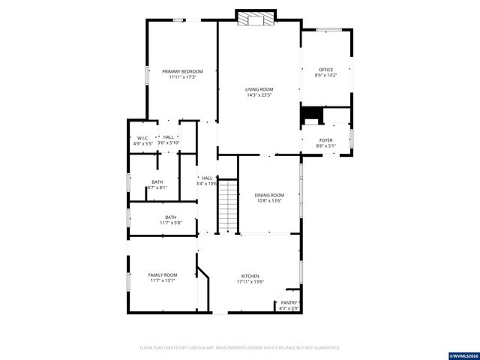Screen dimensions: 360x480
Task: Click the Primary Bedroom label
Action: pyautogui.click(x=182, y=71)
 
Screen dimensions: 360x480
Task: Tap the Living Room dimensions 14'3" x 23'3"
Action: pyautogui.click(x=259, y=95)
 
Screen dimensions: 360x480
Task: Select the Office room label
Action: pyautogui.click(x=325, y=70)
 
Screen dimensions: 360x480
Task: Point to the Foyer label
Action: pyautogui.click(x=325, y=140)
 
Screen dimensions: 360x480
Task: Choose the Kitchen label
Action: pyautogui.click(x=250, y=276)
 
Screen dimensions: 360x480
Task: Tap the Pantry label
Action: pyautogui.click(x=289, y=303)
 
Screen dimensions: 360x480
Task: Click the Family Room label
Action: pyautogui.click(x=162, y=275)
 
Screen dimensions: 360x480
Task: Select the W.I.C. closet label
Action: pyautogui.click(x=141, y=137)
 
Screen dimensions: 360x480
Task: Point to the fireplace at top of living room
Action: pyautogui.click(x=255, y=19)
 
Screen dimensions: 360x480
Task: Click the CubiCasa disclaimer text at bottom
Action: pyautogui.click(x=240, y=348)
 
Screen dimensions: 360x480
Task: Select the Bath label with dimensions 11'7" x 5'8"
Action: pyautogui.click(x=171, y=217)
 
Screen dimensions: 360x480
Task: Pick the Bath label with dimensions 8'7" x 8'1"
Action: pyautogui.click(x=157, y=182)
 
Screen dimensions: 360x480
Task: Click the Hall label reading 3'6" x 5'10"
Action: pyautogui.click(x=169, y=137)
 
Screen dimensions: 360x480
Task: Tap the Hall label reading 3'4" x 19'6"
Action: pyautogui.click(x=206, y=178)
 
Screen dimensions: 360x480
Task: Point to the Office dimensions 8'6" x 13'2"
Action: pyautogui.click(x=325, y=75)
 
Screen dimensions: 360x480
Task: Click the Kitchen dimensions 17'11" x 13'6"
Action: pyautogui.click(x=250, y=281)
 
